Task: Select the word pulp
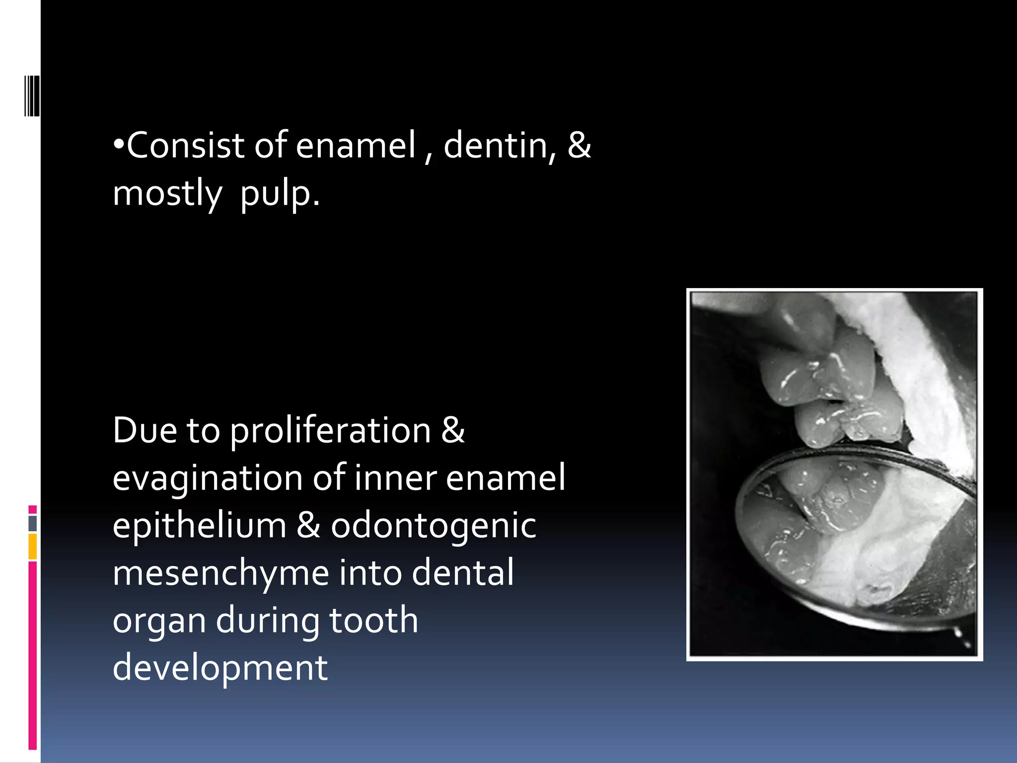280,194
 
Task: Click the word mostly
167,194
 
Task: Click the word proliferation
330,430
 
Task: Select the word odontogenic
433,526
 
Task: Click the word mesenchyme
220,573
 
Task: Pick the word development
220,668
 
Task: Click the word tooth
373,620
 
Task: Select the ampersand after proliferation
453,430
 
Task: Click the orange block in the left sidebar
33,546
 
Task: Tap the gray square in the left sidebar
33,523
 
